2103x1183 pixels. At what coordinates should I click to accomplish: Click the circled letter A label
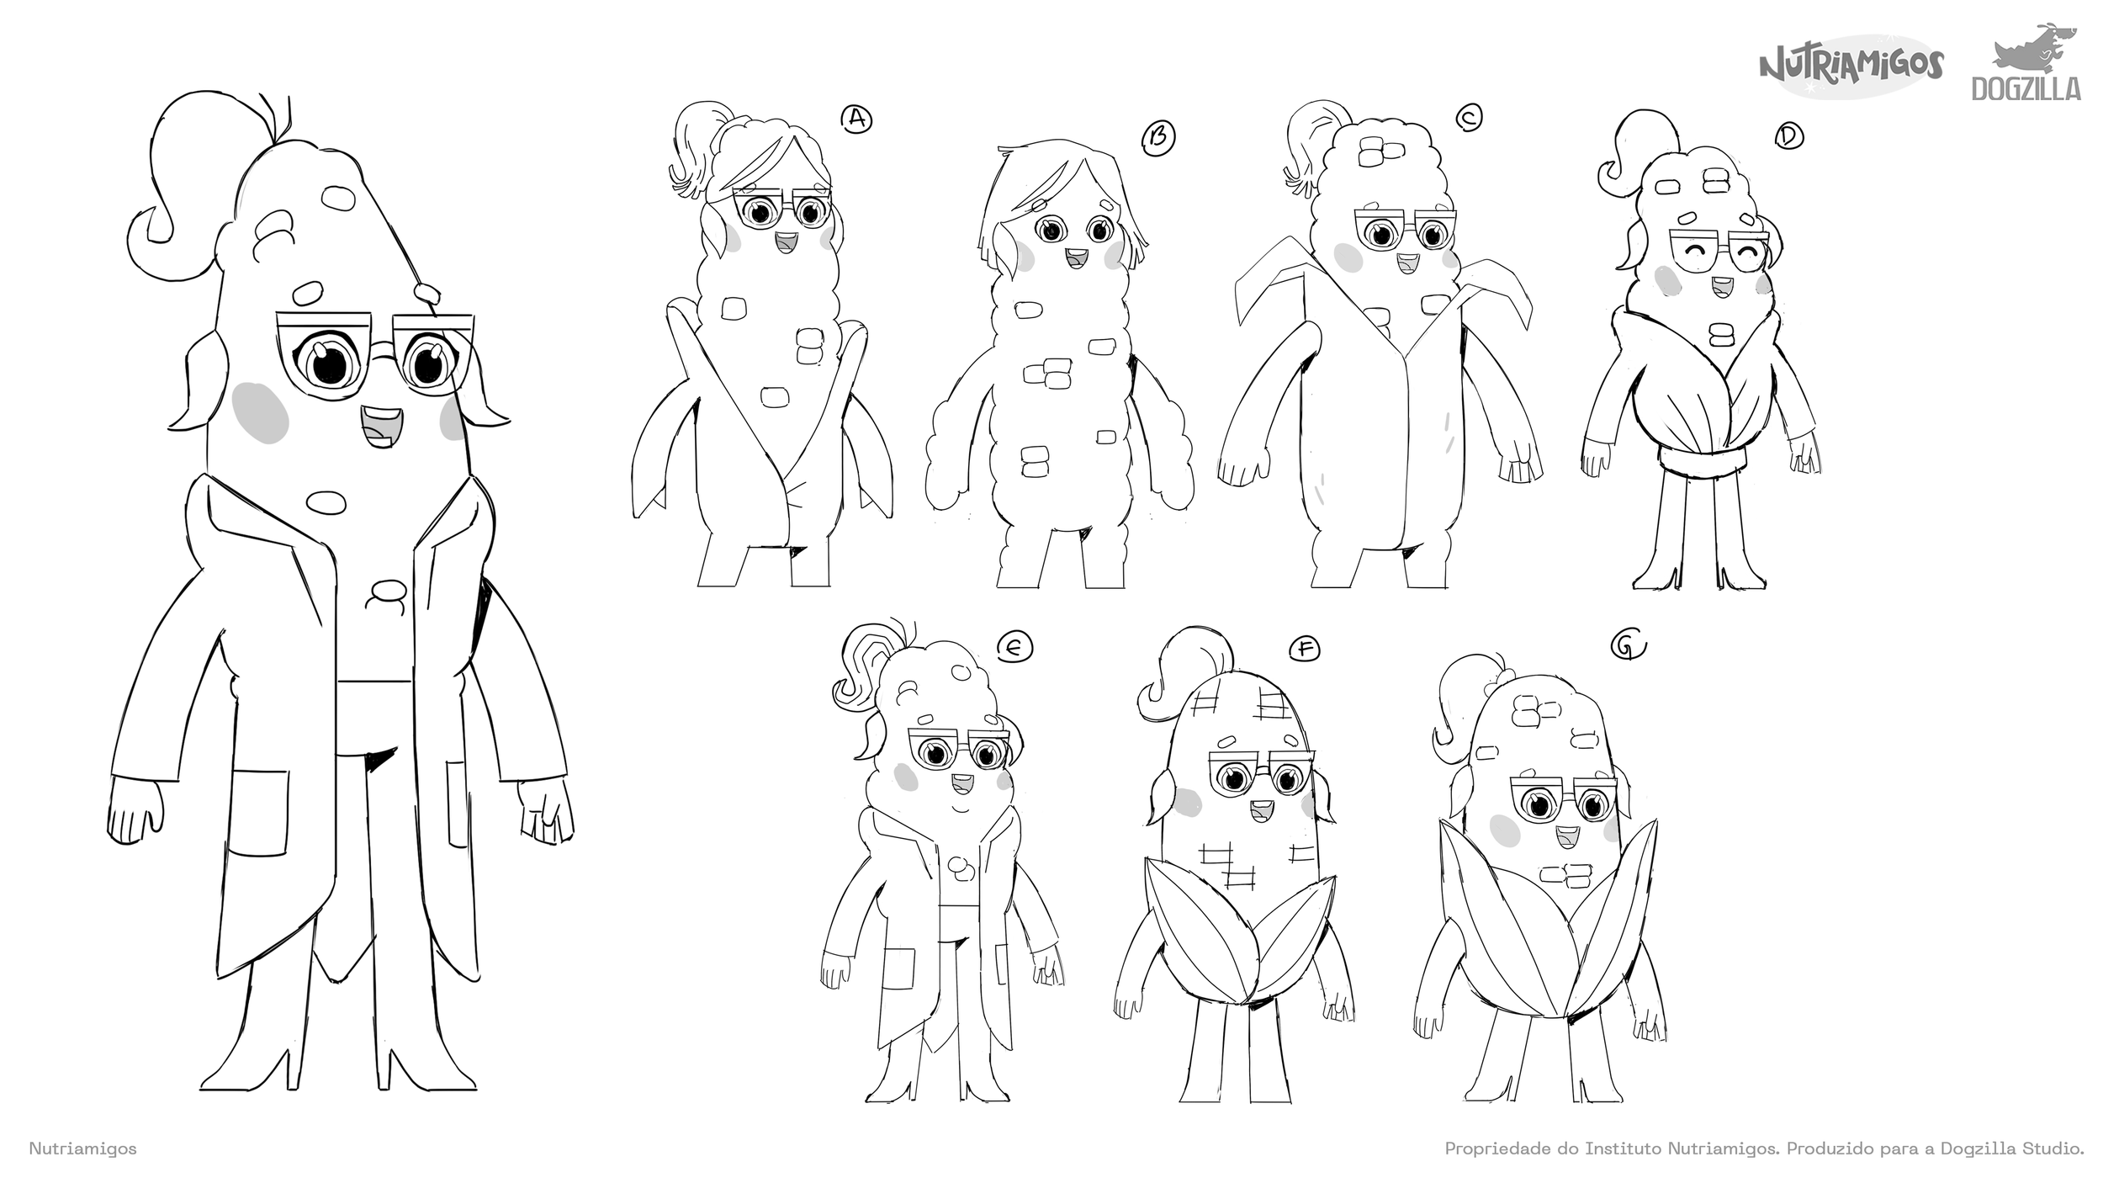(x=856, y=119)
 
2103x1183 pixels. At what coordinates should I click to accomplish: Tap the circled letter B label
(x=1158, y=136)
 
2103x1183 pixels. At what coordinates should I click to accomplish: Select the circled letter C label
(x=1470, y=119)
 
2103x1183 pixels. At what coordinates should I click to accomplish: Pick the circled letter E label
(x=1014, y=646)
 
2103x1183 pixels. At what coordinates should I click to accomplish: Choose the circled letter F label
(x=1305, y=648)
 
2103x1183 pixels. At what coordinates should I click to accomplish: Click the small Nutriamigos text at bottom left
(x=82, y=1148)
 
